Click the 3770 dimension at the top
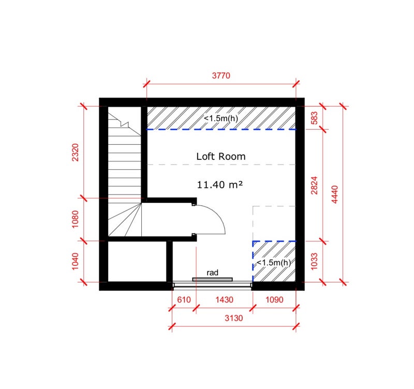[221, 76]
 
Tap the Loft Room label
[221, 157]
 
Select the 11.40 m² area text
[219, 185]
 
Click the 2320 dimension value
[75, 152]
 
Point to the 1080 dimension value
[75, 219]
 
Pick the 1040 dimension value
[75, 261]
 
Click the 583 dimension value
[314, 118]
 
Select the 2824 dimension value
[314, 185]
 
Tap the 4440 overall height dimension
[334, 194]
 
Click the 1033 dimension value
[314, 261]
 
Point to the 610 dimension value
[184, 300]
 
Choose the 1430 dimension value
[225, 300]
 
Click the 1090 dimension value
[274, 300]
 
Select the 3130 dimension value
[234, 318]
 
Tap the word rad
[213, 273]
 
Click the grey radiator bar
[213, 279]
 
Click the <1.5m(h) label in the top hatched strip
[221, 118]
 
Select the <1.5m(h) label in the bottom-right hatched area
[274, 263]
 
